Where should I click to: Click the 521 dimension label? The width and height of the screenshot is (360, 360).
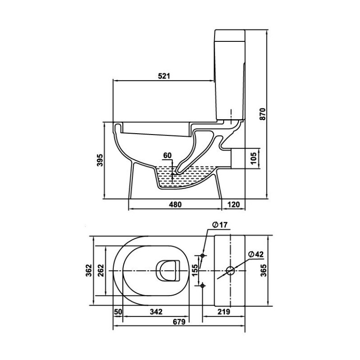tap(164, 76)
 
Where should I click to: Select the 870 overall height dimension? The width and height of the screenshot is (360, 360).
tap(262, 114)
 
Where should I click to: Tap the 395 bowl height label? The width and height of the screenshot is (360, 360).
tap(100, 160)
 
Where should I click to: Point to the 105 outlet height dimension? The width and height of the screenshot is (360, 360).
tap(253, 158)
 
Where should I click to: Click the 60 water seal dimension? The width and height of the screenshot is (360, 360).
tap(167, 155)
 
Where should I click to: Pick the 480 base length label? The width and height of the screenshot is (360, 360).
tap(175, 204)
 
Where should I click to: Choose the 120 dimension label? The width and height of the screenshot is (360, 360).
tap(234, 204)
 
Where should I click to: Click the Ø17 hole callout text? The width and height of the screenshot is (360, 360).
tap(220, 225)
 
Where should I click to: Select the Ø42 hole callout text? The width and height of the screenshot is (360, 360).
tap(256, 254)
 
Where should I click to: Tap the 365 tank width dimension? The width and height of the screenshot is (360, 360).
tap(264, 270)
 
